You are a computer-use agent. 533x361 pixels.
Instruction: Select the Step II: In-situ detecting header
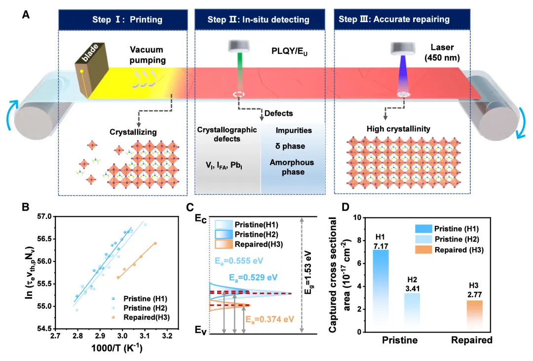pyautogui.click(x=258, y=20)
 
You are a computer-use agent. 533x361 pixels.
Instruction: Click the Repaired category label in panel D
pyautogui.click(x=472, y=341)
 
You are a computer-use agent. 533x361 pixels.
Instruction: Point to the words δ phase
pyautogui.click(x=291, y=146)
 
